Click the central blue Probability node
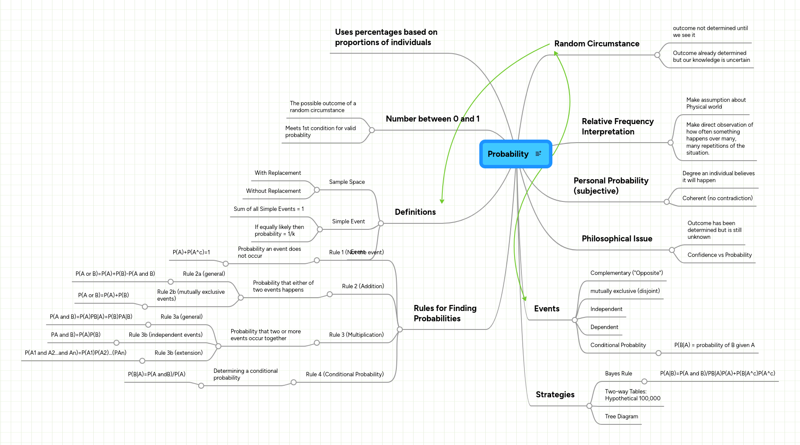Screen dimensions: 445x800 click(x=508, y=154)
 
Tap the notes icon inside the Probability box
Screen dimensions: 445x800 click(x=538, y=154)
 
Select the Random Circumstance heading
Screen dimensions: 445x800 click(x=597, y=44)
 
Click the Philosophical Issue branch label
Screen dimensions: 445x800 click(x=617, y=239)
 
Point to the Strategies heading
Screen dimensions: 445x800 click(x=555, y=395)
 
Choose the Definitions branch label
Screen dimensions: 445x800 click(x=415, y=212)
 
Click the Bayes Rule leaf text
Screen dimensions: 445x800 click(x=618, y=374)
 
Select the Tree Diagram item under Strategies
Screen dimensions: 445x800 click(x=621, y=417)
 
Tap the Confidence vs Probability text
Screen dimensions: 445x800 click(x=719, y=255)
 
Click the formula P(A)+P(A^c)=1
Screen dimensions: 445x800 click(x=191, y=253)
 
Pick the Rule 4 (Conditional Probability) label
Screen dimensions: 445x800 click(x=345, y=375)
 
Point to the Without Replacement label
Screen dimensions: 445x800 click(x=273, y=191)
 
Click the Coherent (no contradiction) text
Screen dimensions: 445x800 click(x=717, y=198)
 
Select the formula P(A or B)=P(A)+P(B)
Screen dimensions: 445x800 click(x=104, y=296)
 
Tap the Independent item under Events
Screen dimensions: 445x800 click(x=606, y=309)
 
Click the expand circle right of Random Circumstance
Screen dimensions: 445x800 click(x=657, y=55)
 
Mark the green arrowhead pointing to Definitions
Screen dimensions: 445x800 click(x=442, y=201)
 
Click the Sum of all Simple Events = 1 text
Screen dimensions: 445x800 click(x=269, y=209)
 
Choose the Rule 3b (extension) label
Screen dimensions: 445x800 click(x=178, y=353)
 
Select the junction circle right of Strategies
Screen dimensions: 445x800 click(x=589, y=406)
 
